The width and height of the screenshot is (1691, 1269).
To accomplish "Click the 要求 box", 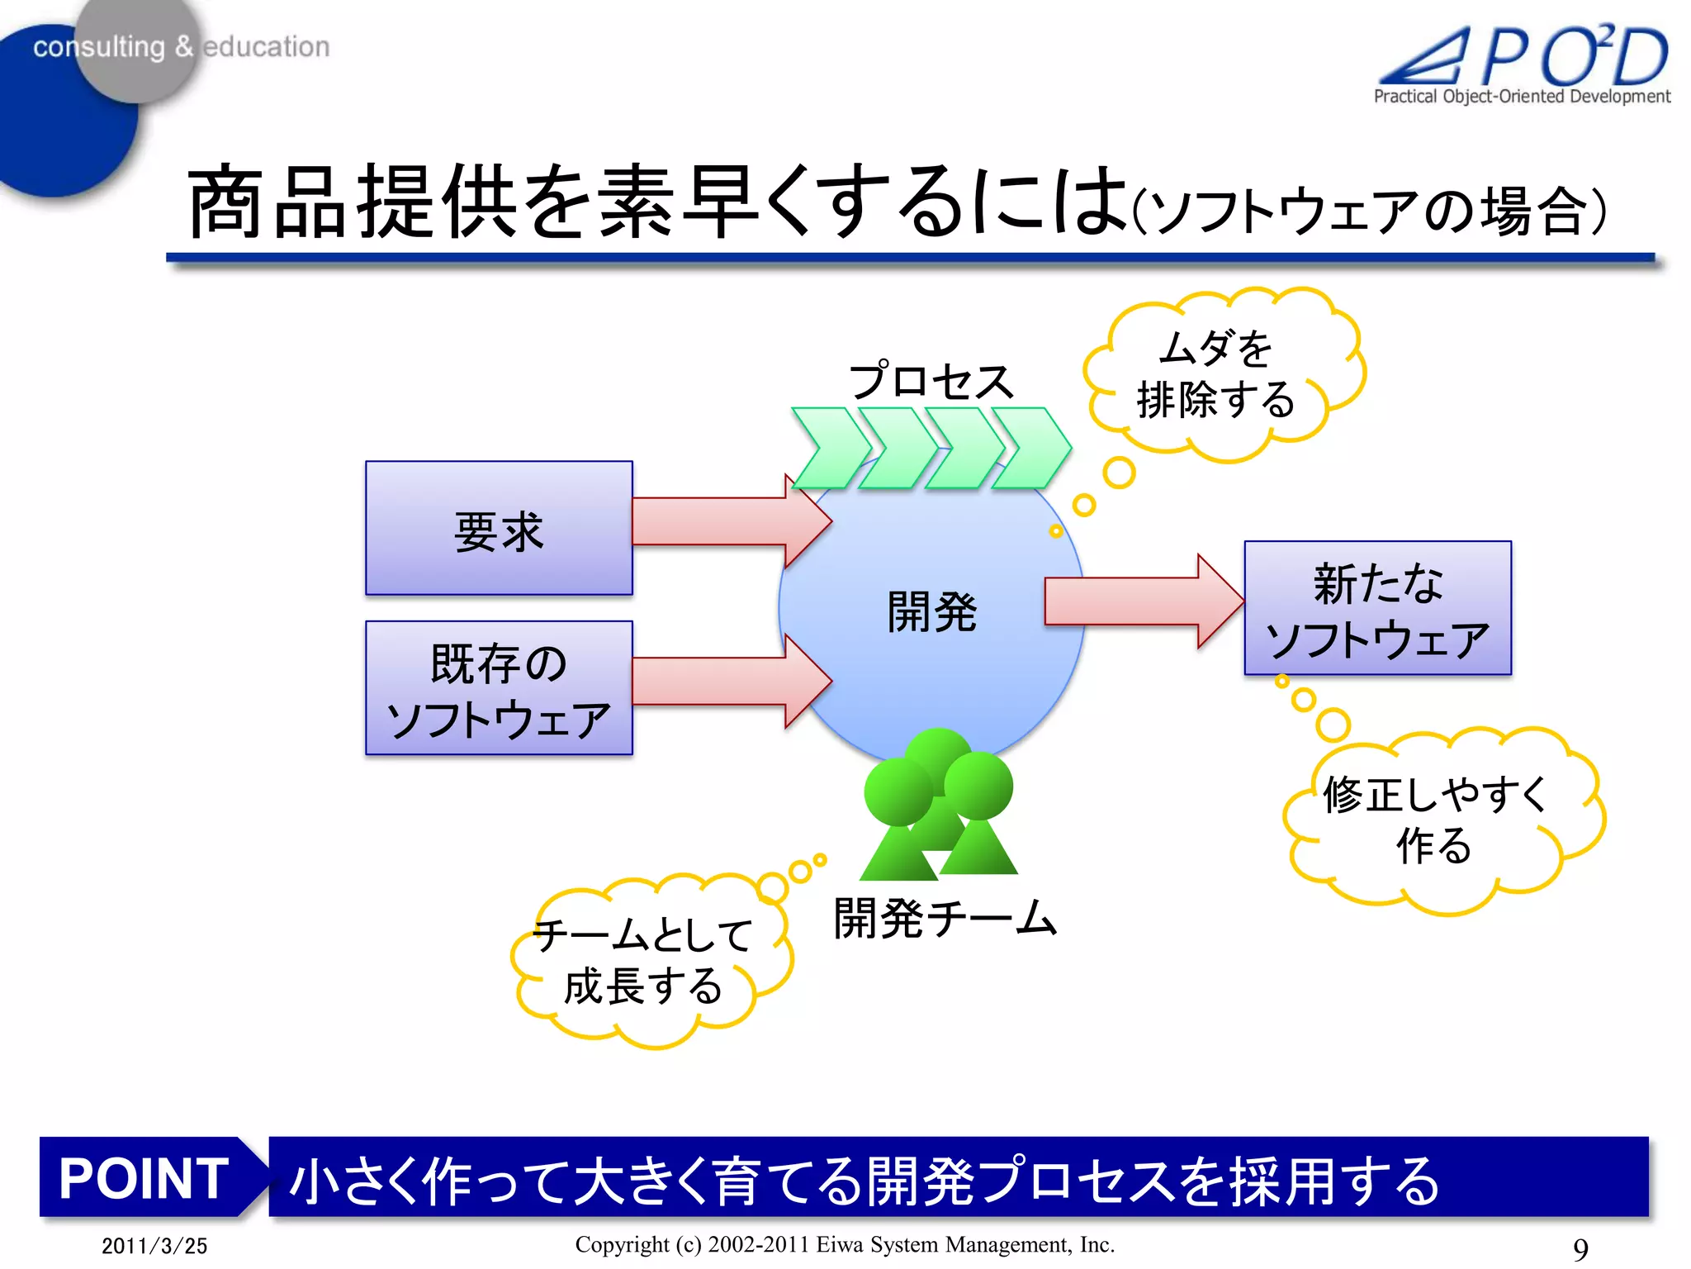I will pos(499,529).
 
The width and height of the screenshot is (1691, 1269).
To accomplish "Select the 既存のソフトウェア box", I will pos(499,688).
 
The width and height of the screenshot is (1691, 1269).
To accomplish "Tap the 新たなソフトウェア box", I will pos(1377,609).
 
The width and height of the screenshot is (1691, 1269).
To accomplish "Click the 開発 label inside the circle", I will pos(931,612).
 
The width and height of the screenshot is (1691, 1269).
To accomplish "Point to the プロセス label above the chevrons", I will pos(931,382).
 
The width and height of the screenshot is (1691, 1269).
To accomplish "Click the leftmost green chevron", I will pos(830,448).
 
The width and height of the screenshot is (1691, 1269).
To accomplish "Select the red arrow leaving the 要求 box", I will pos(727,521).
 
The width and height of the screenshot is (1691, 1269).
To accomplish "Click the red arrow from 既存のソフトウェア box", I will pos(727,682).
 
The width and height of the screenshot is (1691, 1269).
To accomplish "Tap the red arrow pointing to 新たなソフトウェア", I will pos(1139,601).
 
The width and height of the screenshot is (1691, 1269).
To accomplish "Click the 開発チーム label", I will pos(945,919).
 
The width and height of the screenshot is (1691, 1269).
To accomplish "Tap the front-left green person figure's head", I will pos(898,791).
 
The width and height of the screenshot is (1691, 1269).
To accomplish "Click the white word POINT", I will pos(144,1178).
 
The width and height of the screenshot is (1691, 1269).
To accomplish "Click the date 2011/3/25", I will pos(154,1246).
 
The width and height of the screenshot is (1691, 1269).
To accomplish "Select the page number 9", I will pos(1580,1248).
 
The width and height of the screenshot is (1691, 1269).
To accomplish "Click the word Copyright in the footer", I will pos(622,1244).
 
